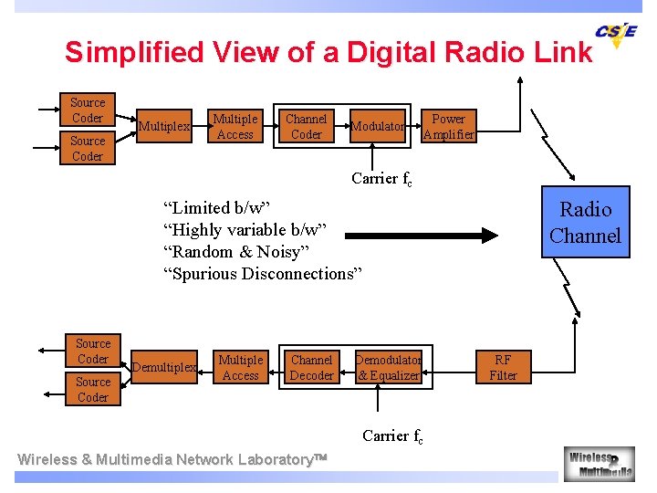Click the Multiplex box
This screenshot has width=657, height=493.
coord(164,127)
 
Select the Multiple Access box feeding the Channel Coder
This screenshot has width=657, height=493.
coord(235,127)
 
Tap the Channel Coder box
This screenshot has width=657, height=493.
coord(306,127)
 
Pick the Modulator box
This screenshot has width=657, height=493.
coord(377,127)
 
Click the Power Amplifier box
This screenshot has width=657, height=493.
coord(448,127)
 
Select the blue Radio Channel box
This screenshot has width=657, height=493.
coord(585,223)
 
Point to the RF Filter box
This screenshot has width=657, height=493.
coord(503,368)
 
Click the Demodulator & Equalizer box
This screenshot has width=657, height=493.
coord(389,368)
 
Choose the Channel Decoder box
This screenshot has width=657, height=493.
coord(311,368)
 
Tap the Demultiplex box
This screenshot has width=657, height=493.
coord(164,368)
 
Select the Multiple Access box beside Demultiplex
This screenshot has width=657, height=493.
coord(240,368)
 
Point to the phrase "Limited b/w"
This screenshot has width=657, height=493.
coord(217,208)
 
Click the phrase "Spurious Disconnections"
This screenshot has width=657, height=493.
coord(263,274)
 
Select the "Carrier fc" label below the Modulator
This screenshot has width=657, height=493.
coord(381,179)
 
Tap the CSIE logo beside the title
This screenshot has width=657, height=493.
coord(616,35)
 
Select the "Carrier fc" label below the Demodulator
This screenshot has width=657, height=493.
coord(392,436)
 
